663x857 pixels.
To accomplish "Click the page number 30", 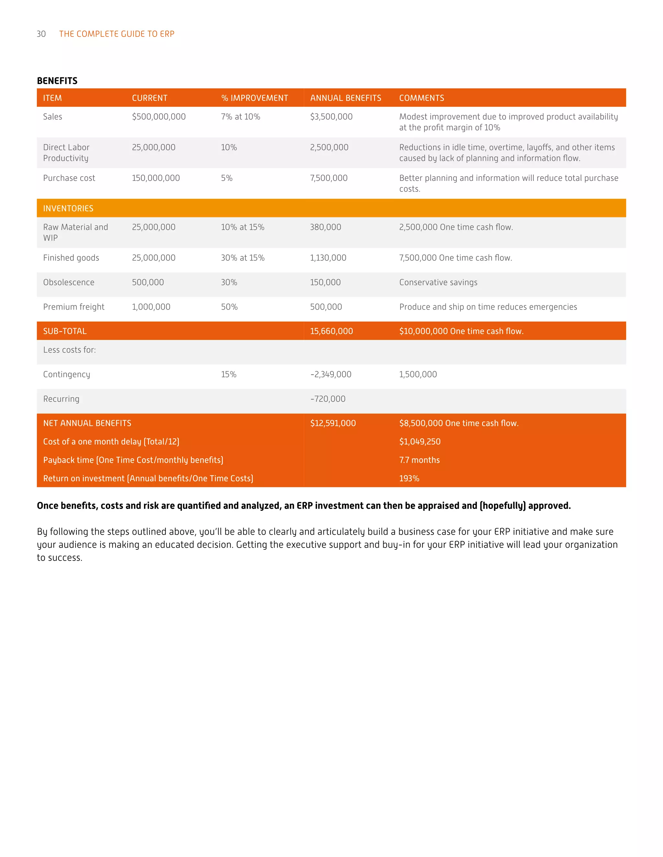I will (x=41, y=34).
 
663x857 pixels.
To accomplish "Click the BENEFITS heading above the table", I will (x=57, y=81).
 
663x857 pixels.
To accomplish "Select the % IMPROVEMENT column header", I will (x=254, y=98).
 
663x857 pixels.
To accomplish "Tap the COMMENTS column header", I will (x=421, y=98).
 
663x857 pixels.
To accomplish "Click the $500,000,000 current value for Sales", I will (x=159, y=117).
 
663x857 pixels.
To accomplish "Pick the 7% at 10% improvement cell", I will (x=241, y=117).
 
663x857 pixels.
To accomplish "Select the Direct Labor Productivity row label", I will (x=66, y=153).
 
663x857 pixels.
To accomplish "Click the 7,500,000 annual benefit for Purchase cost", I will (x=329, y=178).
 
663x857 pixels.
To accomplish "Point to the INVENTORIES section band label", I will (x=68, y=208).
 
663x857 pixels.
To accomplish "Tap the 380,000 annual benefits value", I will (x=326, y=227).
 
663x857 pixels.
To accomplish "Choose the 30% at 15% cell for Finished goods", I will (x=243, y=258).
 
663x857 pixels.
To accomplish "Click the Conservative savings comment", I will (x=438, y=283).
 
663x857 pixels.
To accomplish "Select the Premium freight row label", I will (x=74, y=307).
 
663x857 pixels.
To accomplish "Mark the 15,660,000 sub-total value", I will (x=331, y=331).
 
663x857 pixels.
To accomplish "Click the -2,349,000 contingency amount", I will (x=331, y=374).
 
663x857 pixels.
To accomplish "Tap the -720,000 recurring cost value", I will (x=328, y=399).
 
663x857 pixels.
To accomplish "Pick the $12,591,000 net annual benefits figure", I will (x=333, y=423).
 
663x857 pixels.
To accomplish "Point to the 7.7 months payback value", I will (x=420, y=460).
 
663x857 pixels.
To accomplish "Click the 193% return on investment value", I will (x=409, y=479).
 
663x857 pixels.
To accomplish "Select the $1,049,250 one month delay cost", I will (x=420, y=442).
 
